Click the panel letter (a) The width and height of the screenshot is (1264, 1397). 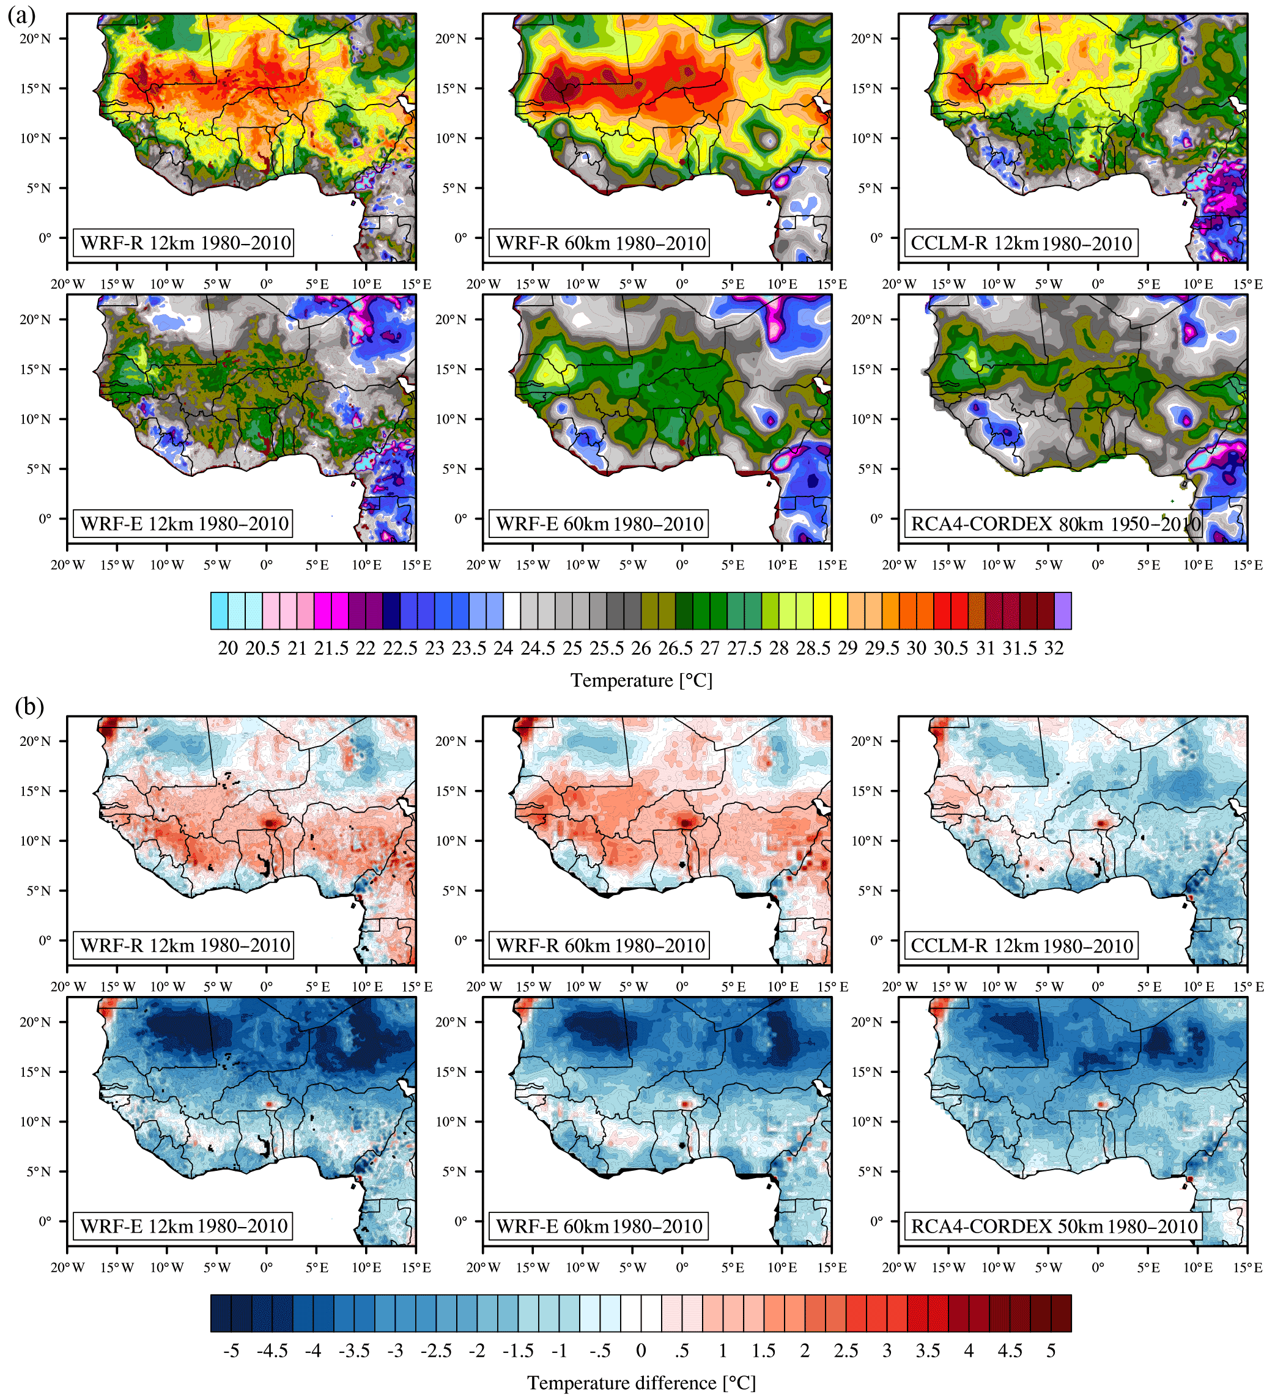(21, 15)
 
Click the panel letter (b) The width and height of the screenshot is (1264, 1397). (29, 706)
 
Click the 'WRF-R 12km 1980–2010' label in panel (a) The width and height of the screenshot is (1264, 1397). (184, 243)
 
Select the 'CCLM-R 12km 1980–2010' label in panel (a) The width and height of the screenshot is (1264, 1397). (1020, 243)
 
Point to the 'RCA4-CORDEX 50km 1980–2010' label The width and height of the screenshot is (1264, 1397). (1053, 1226)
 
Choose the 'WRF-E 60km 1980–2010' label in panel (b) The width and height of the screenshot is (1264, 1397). (599, 1226)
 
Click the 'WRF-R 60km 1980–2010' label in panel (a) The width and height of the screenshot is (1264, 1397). (600, 243)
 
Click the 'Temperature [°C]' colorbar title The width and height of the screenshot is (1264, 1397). (641, 680)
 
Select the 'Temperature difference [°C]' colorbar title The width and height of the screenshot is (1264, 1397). (641, 1382)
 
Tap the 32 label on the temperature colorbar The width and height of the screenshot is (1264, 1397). (1053, 648)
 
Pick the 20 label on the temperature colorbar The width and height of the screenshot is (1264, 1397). (228, 648)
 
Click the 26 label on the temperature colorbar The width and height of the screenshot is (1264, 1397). (641, 648)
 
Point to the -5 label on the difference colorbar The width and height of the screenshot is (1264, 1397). (231, 1351)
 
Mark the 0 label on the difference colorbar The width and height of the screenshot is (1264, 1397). (641, 1351)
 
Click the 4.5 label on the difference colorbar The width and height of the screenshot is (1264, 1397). (1010, 1351)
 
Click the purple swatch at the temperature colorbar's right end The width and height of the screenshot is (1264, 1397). (1062, 611)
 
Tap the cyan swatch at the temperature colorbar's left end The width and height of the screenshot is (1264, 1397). (220, 611)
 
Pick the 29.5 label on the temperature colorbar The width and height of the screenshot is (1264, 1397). (881, 648)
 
